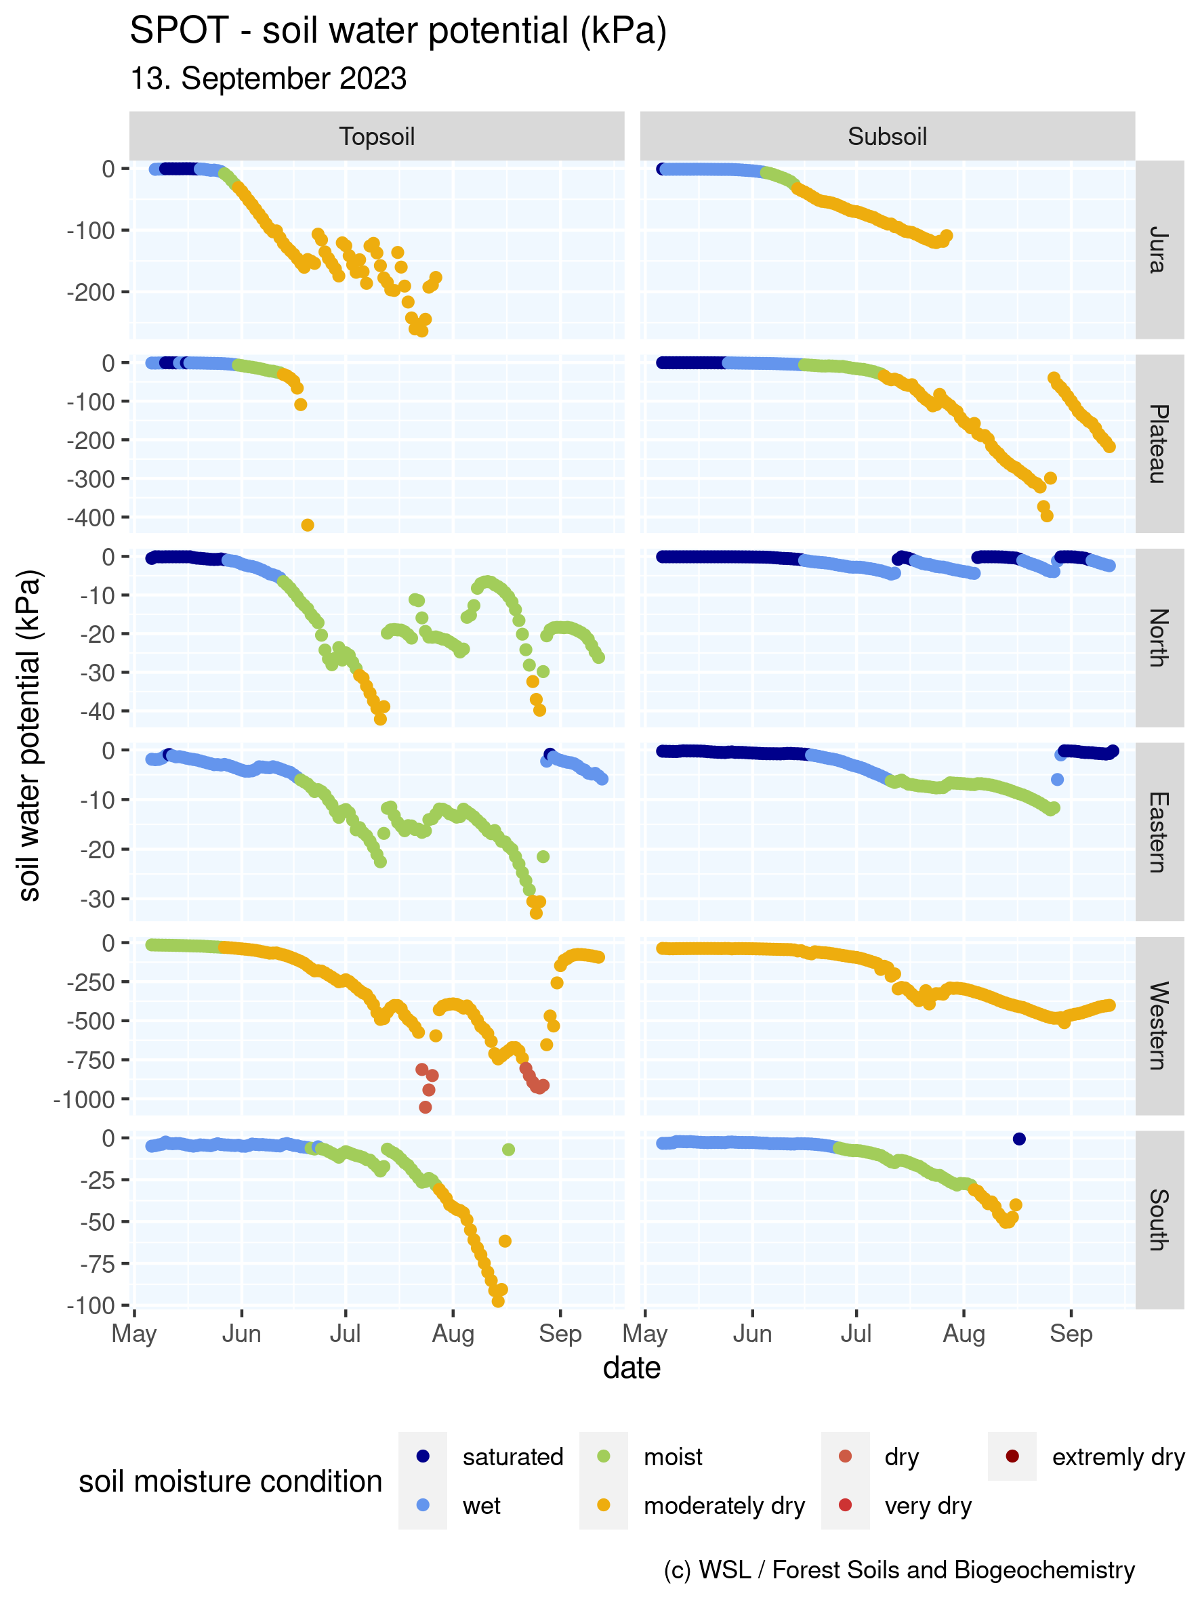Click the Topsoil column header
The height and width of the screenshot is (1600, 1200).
click(x=376, y=136)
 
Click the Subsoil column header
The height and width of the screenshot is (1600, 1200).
click(x=887, y=136)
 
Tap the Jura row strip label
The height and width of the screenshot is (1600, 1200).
click(x=1159, y=249)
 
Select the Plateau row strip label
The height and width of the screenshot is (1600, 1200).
click(x=1159, y=444)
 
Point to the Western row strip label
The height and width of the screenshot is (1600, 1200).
click(x=1159, y=1025)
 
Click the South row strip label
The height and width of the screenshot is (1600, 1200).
click(x=1159, y=1219)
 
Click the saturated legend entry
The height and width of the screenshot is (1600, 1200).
click(x=512, y=1457)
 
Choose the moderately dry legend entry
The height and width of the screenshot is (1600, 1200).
click(x=724, y=1506)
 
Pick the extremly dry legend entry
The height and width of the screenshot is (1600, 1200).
click(x=1117, y=1457)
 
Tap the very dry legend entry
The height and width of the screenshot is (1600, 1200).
click(x=928, y=1506)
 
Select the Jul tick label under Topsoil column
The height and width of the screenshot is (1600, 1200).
click(x=345, y=1333)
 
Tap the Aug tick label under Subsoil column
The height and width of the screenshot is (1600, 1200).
click(x=964, y=1333)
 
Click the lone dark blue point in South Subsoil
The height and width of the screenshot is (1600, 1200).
click(x=1019, y=1139)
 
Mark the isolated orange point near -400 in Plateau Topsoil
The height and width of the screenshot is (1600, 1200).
click(x=308, y=525)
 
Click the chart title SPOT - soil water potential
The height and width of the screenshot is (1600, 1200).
click(x=398, y=31)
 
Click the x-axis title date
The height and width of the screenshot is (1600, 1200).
click(x=632, y=1368)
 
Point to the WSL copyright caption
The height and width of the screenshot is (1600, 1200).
click(x=898, y=1570)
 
